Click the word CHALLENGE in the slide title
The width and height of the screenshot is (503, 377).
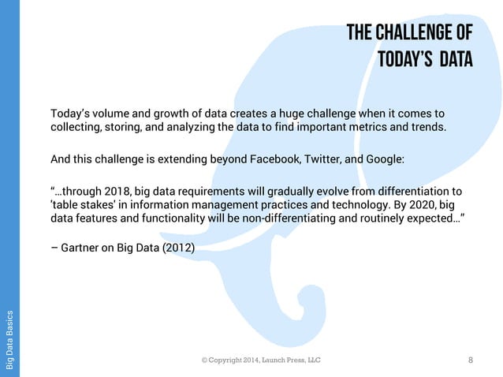pyautogui.click(x=415, y=32)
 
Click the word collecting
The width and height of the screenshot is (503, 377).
pyautogui.click(x=74, y=128)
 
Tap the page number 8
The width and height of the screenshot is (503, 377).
pyautogui.click(x=471, y=360)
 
